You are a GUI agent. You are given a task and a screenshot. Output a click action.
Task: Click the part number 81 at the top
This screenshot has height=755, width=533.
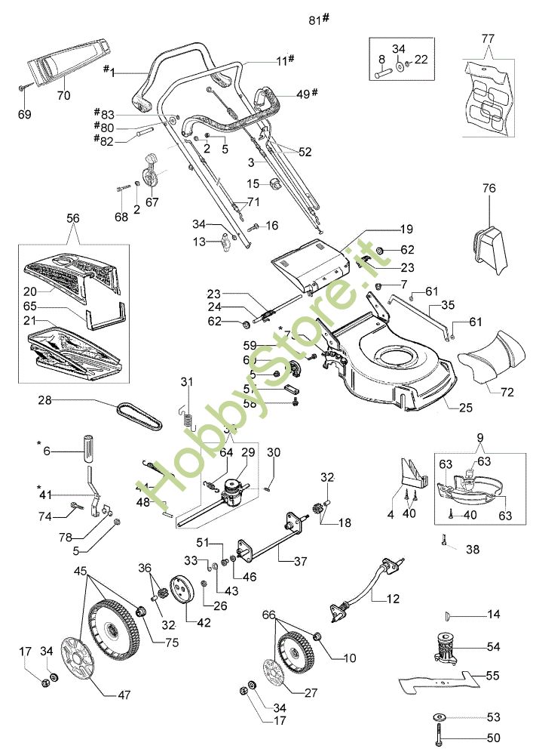tap(315, 20)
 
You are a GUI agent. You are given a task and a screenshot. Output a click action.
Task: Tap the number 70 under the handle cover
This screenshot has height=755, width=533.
tap(63, 96)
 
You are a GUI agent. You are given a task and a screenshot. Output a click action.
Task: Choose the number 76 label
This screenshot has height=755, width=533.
tap(489, 189)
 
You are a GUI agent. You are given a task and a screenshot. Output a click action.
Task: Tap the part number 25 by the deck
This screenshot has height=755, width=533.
tap(465, 408)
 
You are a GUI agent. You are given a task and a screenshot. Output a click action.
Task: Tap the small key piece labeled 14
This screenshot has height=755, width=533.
tap(449, 615)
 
